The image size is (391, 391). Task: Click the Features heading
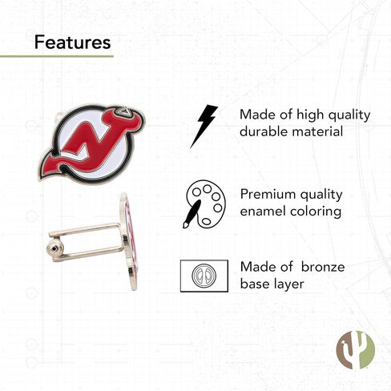(x=72, y=42)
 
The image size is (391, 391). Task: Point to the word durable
(x=264, y=132)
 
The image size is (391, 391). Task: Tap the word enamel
(x=265, y=212)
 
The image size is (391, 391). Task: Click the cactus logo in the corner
(x=354, y=351)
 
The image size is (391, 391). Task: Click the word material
(x=320, y=132)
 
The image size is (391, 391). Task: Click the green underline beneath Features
(x=56, y=57)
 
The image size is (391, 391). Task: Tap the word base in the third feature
(x=256, y=284)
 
